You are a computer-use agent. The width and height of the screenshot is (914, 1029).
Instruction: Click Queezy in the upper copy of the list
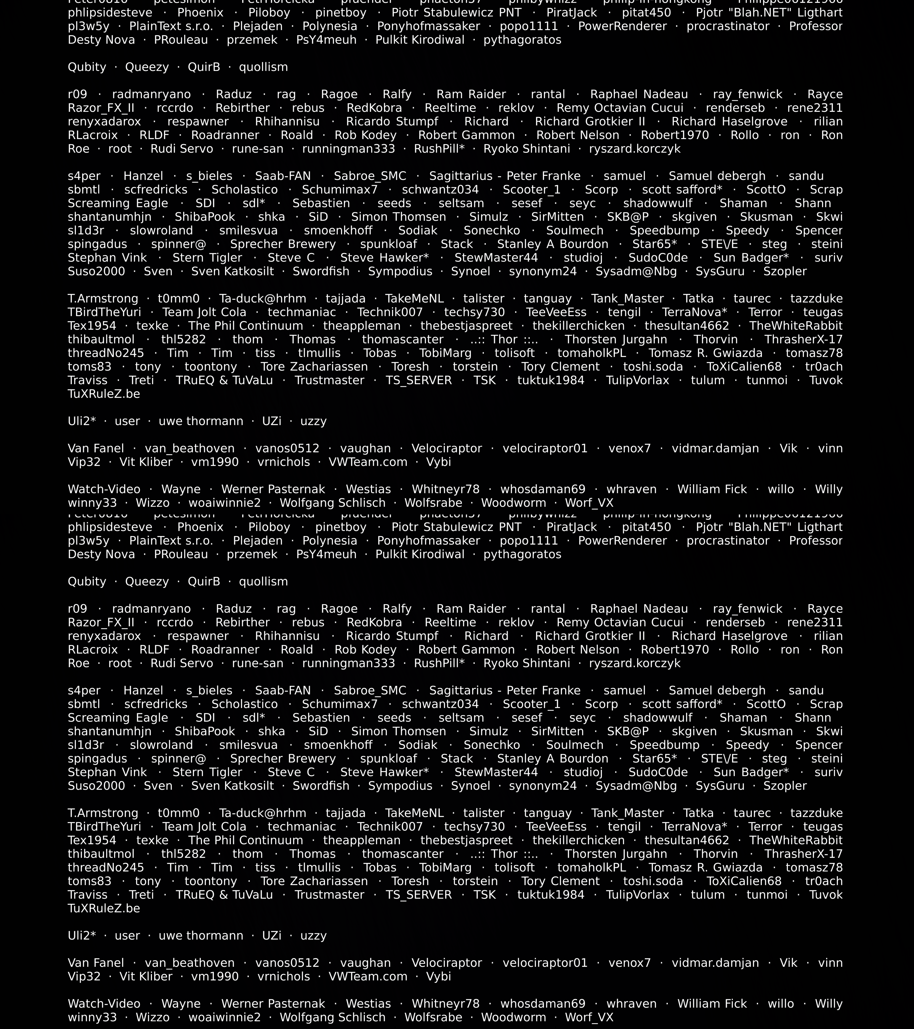[147, 67]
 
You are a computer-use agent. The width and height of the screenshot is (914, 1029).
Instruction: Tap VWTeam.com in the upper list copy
[368, 462]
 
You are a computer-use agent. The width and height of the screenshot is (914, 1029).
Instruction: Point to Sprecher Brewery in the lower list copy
[283, 759]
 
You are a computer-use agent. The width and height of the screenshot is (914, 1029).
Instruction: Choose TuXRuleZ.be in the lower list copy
[104, 908]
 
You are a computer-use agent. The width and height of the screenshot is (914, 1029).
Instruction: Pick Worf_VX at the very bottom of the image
[589, 1017]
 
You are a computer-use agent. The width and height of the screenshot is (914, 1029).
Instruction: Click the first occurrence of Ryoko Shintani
[527, 149]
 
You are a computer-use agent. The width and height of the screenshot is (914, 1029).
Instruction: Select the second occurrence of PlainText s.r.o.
[171, 541]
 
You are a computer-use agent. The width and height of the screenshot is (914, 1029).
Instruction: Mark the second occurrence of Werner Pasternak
[273, 1004]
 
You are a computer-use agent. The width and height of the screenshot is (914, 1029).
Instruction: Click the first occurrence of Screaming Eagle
[118, 203]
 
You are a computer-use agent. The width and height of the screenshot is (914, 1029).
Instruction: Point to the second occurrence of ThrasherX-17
[803, 854]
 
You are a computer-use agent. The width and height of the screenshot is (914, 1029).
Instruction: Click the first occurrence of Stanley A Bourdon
[552, 244]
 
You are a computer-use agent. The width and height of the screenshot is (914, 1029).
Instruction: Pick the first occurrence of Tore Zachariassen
[314, 367]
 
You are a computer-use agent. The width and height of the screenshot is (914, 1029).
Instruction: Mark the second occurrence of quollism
[263, 581]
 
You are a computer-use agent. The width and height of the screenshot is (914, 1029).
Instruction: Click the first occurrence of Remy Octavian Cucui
[620, 108]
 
